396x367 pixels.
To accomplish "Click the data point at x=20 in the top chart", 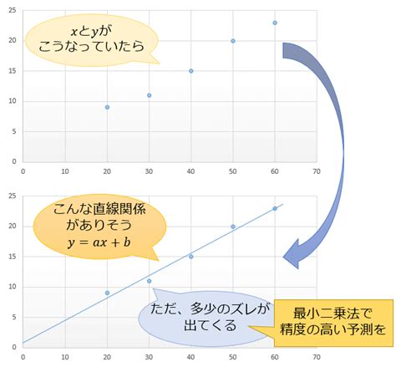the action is (107, 107).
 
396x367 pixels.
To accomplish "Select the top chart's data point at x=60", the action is (275, 23).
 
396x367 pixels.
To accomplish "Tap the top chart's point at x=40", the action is (191, 71).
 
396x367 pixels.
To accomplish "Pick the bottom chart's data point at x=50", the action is (233, 227).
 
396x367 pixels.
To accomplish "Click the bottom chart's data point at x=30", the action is (150, 281).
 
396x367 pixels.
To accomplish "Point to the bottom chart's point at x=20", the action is (107, 293).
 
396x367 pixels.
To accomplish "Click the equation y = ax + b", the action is (99, 242).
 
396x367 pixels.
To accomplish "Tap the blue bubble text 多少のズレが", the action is (230, 308).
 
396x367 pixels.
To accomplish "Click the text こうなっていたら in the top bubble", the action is (92, 46).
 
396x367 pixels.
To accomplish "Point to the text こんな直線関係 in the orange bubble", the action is (99, 209).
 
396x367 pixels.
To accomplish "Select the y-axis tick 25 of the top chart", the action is (13, 11).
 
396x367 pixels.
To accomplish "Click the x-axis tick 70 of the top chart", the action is (317, 171).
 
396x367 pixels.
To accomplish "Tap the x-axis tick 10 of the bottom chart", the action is (65, 357).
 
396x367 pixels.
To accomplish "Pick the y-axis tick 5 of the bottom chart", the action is (14, 317).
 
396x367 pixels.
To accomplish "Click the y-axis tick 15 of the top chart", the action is (13, 71).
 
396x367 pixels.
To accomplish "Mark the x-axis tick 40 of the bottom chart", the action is (190, 357).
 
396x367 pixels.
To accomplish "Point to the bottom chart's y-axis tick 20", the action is (13, 227).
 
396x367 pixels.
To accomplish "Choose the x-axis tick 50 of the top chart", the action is (233, 171).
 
